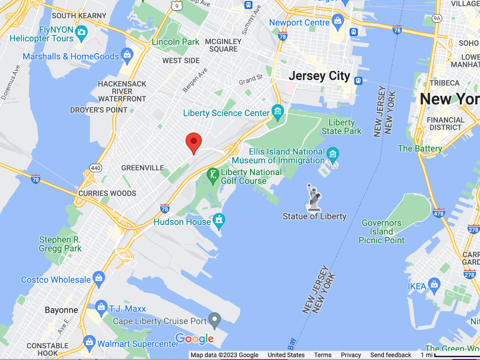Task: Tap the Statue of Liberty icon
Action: point(314,197)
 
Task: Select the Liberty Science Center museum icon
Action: point(278,112)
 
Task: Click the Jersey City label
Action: point(319,76)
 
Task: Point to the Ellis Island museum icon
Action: point(332,154)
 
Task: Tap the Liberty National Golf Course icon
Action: point(213,175)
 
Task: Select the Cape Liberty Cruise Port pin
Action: point(214,320)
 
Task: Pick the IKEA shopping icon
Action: point(434,284)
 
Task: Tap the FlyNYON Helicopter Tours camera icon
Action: point(81,32)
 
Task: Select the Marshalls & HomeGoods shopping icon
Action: point(127,55)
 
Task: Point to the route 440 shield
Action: point(96,167)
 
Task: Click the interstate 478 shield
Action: point(439,213)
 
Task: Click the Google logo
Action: point(194,338)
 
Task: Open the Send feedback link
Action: point(391,355)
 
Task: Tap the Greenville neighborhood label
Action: point(142,168)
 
